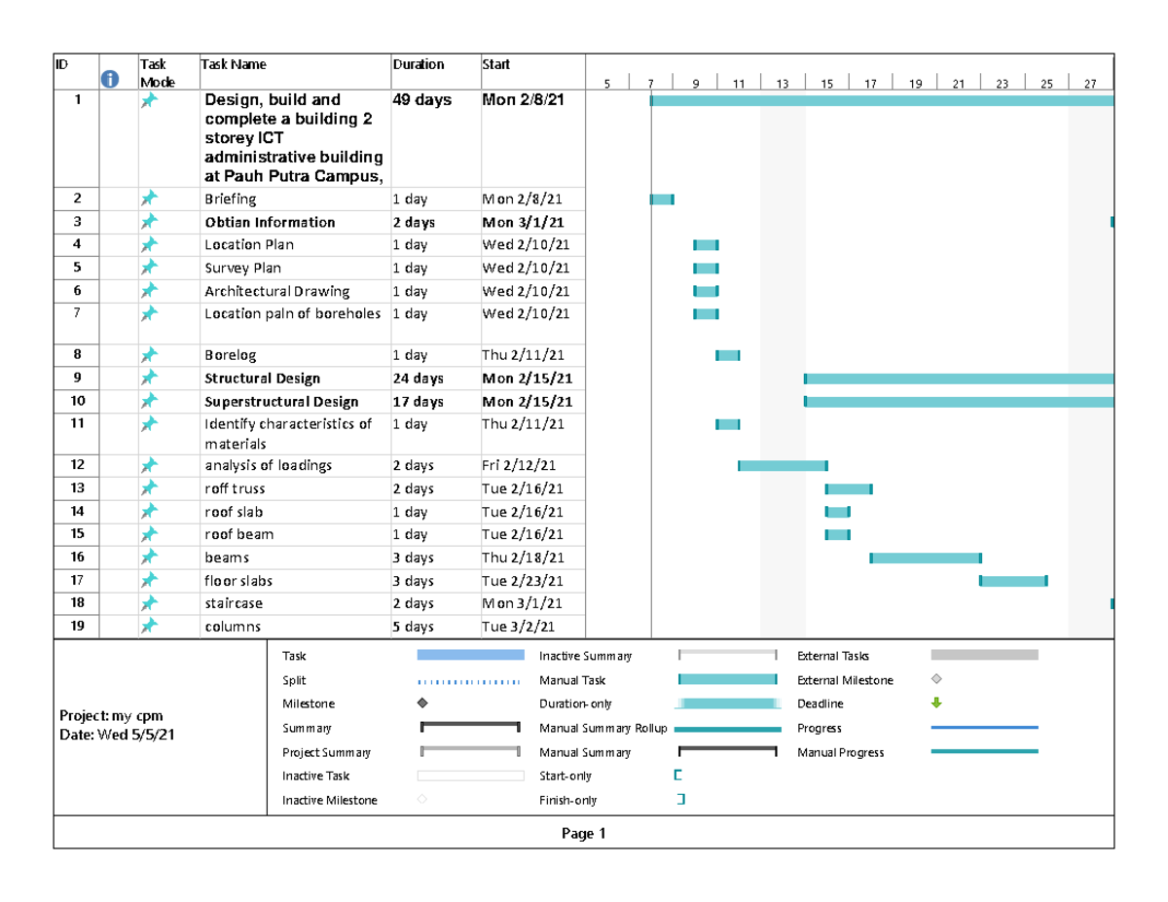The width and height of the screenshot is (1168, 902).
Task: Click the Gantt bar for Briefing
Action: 662,199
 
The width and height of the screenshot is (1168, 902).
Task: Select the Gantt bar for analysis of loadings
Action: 783,466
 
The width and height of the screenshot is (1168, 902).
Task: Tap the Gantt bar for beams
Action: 926,558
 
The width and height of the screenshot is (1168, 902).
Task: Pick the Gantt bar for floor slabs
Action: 1013,581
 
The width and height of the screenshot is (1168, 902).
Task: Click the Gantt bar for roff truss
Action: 849,488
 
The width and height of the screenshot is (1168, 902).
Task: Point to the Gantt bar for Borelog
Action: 728,356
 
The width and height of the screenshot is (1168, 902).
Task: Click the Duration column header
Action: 418,65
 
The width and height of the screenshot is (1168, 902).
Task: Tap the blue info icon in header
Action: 110,80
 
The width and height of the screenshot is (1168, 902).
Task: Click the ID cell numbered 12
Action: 78,465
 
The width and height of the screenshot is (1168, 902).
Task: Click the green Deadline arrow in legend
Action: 936,703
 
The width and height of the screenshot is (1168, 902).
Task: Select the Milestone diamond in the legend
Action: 422,703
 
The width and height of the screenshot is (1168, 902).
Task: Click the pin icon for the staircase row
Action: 148,603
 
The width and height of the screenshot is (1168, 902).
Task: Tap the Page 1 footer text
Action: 583,833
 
